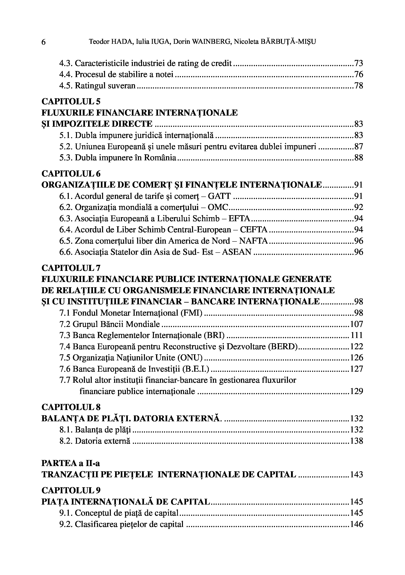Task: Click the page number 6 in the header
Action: click(x=43, y=42)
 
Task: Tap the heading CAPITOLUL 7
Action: click(x=71, y=268)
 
